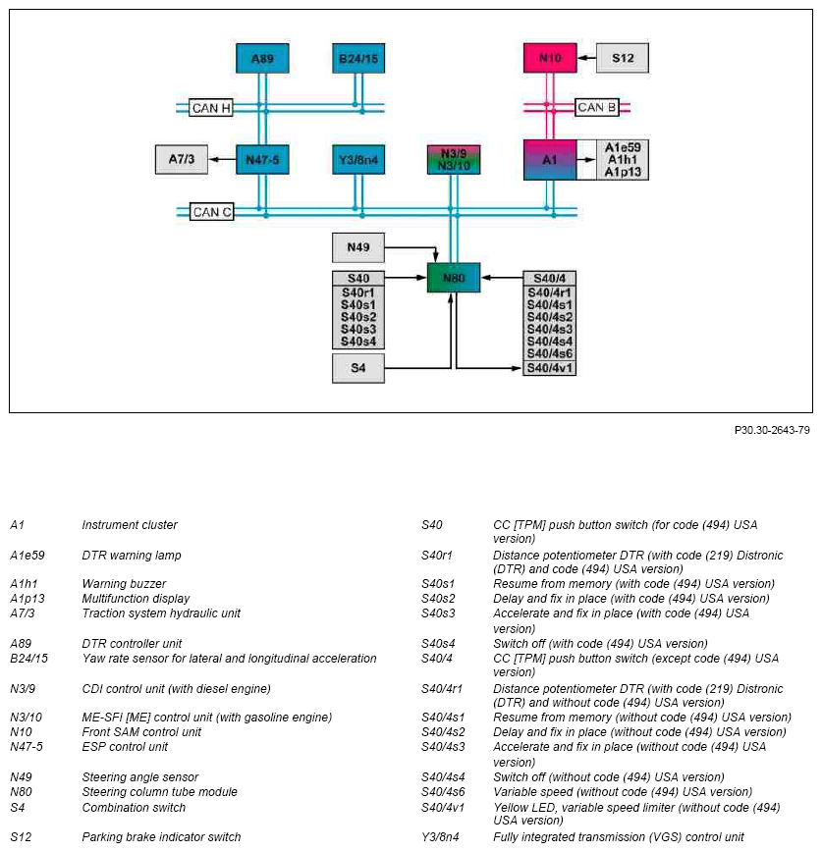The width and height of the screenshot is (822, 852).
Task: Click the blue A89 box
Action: click(x=262, y=58)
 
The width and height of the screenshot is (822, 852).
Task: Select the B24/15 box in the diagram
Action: click(x=358, y=58)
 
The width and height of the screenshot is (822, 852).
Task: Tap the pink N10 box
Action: click(x=550, y=58)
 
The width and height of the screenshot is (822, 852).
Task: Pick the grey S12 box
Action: click(x=623, y=58)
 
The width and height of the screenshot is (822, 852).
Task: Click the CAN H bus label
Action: click(x=211, y=108)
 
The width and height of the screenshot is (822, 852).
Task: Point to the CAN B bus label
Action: click(x=597, y=108)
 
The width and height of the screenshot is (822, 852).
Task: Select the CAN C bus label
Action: click(x=212, y=212)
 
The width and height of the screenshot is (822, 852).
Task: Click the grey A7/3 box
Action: click(x=182, y=159)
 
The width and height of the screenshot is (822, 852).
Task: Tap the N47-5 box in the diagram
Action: click(x=262, y=159)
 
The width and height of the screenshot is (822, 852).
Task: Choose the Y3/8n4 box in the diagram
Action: click(x=358, y=159)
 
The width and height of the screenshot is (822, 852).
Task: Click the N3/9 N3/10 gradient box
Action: click(x=454, y=159)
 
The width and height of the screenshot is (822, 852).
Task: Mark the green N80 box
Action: click(x=454, y=278)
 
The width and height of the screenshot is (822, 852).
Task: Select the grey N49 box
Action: click(x=358, y=247)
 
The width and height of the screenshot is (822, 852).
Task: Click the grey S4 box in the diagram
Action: click(x=358, y=368)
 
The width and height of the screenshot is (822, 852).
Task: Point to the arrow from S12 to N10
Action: click(x=586, y=58)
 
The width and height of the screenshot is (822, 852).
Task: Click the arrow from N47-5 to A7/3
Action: click(x=222, y=159)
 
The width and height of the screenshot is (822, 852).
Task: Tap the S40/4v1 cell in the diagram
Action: click(x=550, y=368)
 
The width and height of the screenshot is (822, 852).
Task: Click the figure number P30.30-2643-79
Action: click(x=772, y=430)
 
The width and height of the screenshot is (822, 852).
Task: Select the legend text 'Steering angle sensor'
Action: click(x=140, y=777)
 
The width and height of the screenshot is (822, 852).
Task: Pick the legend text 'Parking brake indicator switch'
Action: click(x=161, y=836)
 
